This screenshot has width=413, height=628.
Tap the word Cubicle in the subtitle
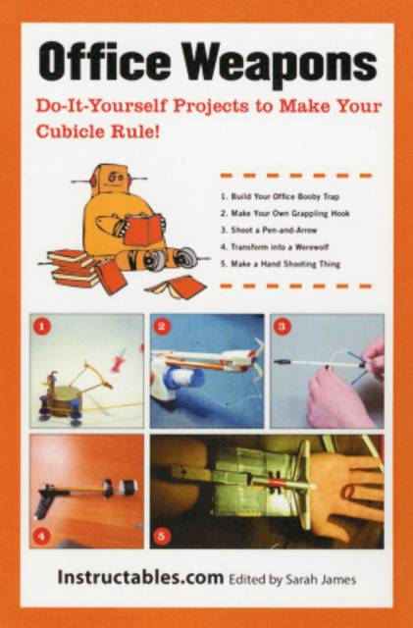(70, 131)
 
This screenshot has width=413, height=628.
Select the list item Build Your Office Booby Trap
(280, 196)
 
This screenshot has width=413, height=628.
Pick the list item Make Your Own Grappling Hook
(284, 214)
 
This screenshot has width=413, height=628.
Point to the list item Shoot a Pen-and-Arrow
(269, 231)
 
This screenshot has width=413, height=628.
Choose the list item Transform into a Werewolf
(275, 247)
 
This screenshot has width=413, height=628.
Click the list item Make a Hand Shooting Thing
(281, 264)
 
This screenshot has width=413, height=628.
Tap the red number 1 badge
(42, 327)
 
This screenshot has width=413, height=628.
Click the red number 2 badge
(162, 327)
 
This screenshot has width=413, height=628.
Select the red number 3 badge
(282, 327)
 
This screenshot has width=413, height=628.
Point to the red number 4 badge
(42, 536)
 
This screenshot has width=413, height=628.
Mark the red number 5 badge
(162, 536)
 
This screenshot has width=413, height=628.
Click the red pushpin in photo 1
(121, 359)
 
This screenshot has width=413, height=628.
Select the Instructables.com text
(140, 578)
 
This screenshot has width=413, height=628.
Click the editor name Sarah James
(321, 580)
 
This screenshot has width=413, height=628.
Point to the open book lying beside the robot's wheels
(177, 287)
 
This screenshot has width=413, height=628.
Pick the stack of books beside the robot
(74, 268)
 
